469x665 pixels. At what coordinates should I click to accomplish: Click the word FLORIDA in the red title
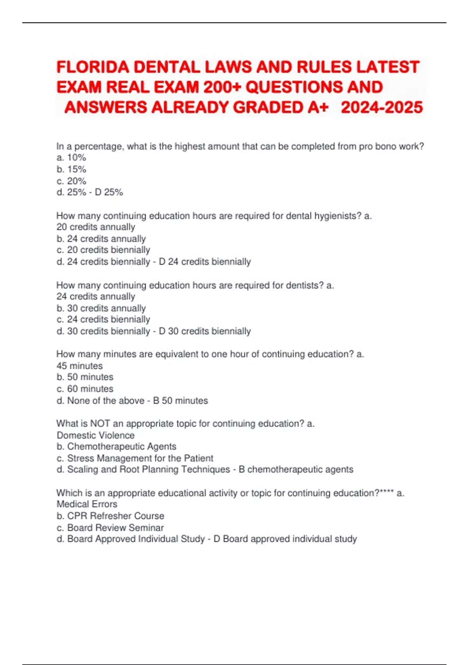click(93, 67)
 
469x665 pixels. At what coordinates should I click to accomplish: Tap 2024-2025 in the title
click(382, 107)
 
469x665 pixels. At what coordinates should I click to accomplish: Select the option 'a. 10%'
click(71, 158)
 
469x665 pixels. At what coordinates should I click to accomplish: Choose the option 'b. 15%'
click(71, 169)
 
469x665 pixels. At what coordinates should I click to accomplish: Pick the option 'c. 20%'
click(71, 181)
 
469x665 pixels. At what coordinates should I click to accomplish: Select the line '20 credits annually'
click(96, 227)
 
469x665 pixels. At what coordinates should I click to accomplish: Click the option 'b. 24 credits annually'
click(101, 239)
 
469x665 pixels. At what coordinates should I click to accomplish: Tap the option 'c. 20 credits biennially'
click(103, 250)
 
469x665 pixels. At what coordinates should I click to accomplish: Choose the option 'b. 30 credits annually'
click(101, 308)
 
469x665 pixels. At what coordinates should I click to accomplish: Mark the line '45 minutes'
click(80, 366)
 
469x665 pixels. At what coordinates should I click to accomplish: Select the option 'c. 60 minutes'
click(85, 389)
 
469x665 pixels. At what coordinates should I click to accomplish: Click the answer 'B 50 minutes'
click(180, 401)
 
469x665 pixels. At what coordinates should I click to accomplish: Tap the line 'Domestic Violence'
click(95, 435)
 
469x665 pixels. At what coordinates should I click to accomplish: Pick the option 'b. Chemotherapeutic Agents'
click(116, 447)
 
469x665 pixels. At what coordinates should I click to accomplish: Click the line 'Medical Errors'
click(87, 504)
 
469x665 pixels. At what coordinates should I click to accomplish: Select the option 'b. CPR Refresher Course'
click(110, 516)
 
